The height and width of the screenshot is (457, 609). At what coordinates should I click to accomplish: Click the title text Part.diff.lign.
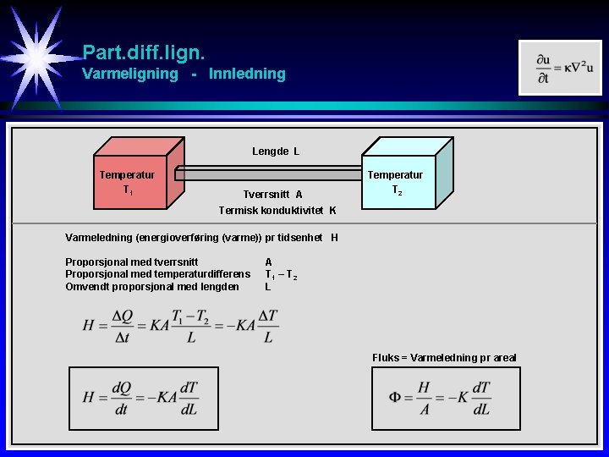[143, 52]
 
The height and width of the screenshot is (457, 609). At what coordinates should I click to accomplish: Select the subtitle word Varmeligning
[130, 74]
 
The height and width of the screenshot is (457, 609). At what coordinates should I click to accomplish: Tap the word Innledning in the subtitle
[247, 74]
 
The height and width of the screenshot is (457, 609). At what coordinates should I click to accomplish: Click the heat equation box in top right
[559, 67]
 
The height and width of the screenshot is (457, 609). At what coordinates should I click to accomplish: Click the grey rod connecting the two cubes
[271, 174]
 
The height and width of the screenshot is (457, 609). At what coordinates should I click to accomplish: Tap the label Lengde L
[276, 152]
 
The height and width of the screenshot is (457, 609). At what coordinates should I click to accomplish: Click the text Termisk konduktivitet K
[277, 210]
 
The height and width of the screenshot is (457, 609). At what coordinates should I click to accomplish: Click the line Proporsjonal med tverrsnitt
[132, 262]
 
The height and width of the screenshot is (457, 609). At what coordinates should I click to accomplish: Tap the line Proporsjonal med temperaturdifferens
[157, 274]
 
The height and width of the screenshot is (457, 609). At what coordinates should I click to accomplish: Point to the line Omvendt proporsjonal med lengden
[151, 286]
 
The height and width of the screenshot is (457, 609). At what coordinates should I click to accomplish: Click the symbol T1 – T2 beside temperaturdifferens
[281, 274]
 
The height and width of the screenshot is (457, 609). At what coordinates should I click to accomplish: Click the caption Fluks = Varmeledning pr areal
[444, 358]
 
